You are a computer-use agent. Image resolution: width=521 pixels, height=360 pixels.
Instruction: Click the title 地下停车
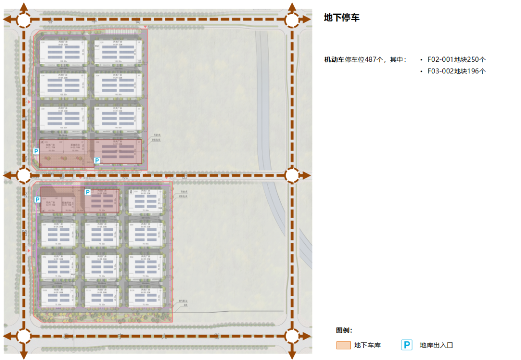(x=342, y=18)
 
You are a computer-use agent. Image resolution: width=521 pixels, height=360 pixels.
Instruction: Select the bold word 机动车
(x=334, y=59)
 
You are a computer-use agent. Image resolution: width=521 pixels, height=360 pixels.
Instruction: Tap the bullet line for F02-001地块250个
(x=456, y=59)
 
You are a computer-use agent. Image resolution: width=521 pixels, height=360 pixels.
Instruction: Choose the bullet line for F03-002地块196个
(x=456, y=71)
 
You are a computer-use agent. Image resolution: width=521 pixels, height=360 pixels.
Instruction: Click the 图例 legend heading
(x=344, y=331)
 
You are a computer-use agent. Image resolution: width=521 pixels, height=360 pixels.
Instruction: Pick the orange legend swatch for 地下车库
(x=343, y=346)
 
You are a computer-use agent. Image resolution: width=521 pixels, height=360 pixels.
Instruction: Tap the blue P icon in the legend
(x=407, y=345)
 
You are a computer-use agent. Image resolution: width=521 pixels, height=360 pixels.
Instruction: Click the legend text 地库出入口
(x=436, y=346)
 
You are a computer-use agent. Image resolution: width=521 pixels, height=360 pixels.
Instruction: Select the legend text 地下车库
(x=368, y=346)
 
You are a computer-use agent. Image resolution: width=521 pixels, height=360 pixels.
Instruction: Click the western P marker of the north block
(x=36, y=151)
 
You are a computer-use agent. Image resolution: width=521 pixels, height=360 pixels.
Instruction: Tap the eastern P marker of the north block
(x=96, y=161)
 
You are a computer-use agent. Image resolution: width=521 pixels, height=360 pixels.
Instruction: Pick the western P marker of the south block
(x=37, y=199)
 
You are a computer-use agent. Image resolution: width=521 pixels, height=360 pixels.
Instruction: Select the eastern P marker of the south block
(x=88, y=192)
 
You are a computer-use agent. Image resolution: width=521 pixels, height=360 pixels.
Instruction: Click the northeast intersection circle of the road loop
(x=292, y=20)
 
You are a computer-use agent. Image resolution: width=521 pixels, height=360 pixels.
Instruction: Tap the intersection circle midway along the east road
(x=292, y=175)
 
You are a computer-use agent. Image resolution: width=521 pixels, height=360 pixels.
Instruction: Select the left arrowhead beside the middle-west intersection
(x=6, y=175)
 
